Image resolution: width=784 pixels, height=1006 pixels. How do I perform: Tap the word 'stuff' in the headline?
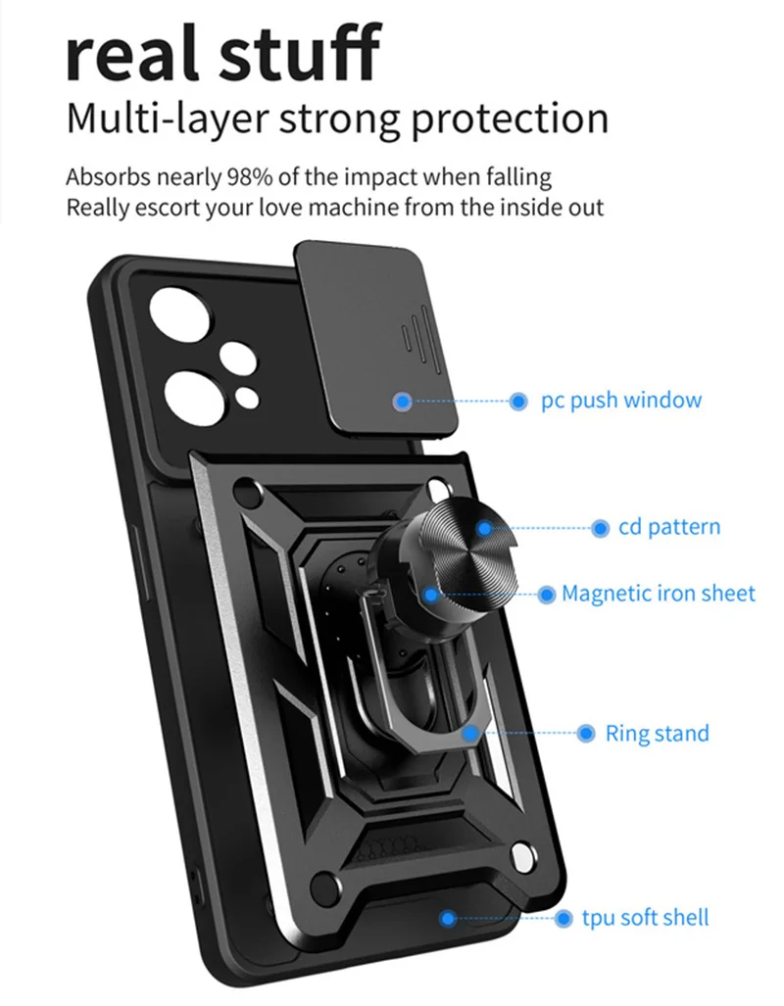point(301,51)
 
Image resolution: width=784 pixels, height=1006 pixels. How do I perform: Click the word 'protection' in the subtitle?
point(510,120)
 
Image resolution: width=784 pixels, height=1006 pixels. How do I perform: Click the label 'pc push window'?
point(621,401)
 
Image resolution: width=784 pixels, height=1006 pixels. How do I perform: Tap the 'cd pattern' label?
point(669,527)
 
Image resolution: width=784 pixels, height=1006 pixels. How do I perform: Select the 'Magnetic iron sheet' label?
point(659,594)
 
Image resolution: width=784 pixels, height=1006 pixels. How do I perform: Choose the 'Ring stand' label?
point(657,733)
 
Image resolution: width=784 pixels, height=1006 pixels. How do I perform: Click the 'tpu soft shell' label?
point(645,918)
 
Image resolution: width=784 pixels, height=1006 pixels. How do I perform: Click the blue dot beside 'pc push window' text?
point(518,402)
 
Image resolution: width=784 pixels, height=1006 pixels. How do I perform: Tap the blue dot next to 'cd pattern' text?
point(600,529)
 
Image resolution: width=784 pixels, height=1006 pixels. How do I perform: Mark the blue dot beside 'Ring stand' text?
point(586,734)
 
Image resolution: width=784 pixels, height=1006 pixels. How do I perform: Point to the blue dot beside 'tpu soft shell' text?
point(563,919)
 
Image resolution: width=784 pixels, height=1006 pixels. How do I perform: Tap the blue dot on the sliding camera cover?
point(403,402)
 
